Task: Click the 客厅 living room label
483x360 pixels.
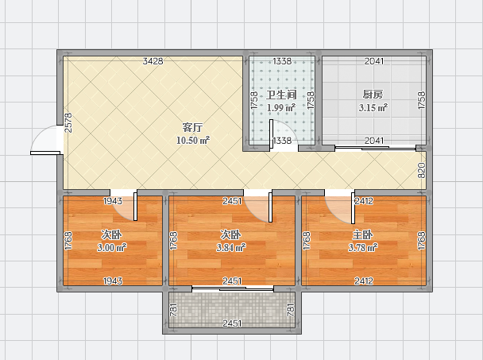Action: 192,127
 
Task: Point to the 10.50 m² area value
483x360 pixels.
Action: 193,141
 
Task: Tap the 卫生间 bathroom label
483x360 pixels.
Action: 281,95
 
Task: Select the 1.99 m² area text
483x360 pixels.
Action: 281,108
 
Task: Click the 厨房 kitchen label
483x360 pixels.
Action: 373,95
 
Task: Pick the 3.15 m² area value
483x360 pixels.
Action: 373,108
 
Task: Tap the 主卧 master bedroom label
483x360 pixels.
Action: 362,235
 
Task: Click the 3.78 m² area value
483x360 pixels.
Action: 363,247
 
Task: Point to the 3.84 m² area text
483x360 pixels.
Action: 231,247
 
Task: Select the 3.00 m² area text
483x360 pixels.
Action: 112,247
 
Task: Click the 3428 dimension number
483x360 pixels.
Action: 153,61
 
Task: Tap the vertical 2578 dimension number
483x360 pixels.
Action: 68,122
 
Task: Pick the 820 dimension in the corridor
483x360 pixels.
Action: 421,170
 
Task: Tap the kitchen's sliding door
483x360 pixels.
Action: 375,149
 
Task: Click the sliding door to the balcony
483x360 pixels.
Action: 233,288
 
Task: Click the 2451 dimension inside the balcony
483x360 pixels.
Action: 232,323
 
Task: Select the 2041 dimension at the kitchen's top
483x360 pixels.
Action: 374,61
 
